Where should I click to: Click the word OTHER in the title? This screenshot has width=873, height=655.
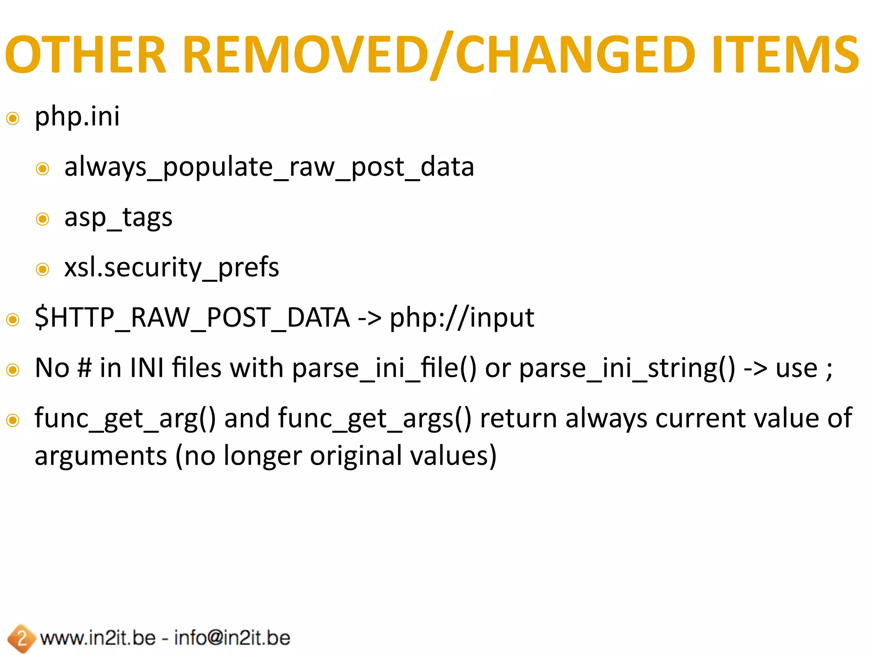[x=85, y=55]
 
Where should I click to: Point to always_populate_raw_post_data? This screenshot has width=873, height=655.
[x=269, y=167]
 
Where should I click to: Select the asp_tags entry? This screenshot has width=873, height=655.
[x=118, y=217]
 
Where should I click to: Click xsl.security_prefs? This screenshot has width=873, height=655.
[x=171, y=268]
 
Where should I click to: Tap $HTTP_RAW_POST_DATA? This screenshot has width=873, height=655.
[x=192, y=318]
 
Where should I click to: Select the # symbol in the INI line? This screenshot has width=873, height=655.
[x=84, y=368]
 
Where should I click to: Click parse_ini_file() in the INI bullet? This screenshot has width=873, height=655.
[x=384, y=368]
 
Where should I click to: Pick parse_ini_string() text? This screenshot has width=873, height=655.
[x=627, y=368]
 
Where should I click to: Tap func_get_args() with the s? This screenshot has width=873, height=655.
[x=375, y=418]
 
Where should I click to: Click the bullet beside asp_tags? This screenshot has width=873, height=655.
[x=43, y=219]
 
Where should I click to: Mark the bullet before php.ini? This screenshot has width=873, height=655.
[x=13, y=118]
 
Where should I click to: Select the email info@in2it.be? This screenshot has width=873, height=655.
[x=232, y=638]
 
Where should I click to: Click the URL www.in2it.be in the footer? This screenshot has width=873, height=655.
[x=98, y=638]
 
